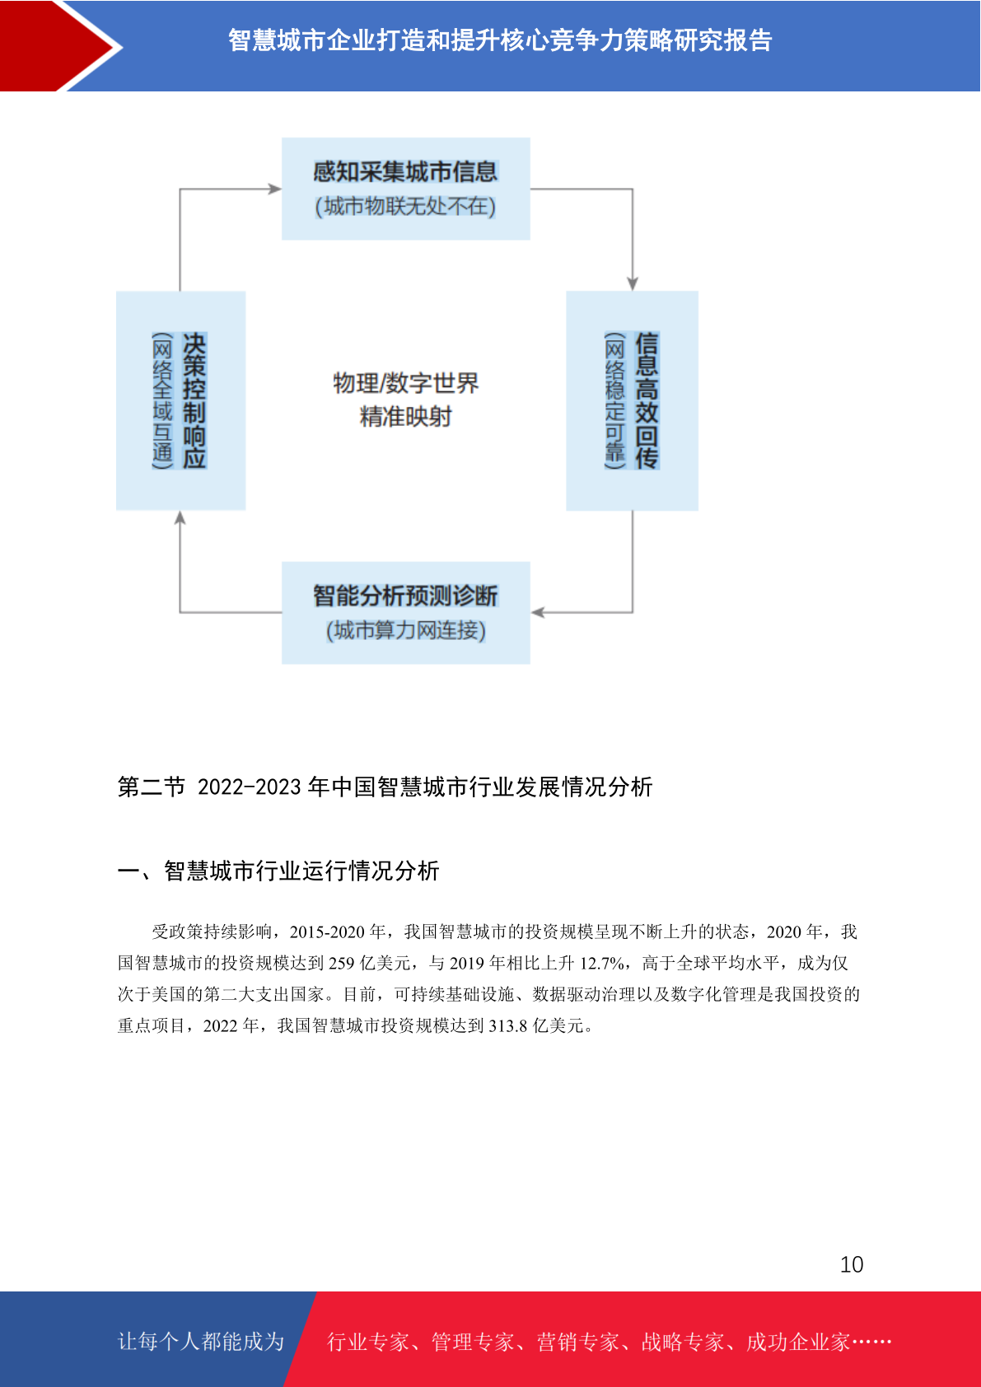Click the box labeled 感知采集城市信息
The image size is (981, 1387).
coord(405,189)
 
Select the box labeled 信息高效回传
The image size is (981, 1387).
coord(633,400)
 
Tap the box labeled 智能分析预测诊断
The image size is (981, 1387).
coord(405,613)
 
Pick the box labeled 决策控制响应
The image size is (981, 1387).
coord(181,400)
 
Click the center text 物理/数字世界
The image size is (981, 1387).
coord(405,383)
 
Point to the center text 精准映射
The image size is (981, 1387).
coord(405,417)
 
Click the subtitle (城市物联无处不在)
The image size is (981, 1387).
coord(405,206)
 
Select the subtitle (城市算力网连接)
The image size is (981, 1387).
coord(405,630)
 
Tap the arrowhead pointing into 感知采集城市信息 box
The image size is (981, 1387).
coord(275,189)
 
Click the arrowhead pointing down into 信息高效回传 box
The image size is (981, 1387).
coord(633,283)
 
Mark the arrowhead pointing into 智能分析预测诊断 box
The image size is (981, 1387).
coord(538,613)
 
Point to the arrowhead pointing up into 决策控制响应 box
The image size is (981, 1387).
coord(180,517)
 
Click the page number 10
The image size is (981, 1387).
coord(852,1264)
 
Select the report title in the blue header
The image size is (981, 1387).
coord(500,40)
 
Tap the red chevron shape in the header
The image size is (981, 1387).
coord(62,46)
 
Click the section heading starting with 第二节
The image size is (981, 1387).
coord(385,787)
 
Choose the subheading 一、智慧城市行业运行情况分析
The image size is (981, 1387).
coord(278,871)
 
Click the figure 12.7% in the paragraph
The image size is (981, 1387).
coord(601,964)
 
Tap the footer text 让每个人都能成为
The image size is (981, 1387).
coord(201,1341)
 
